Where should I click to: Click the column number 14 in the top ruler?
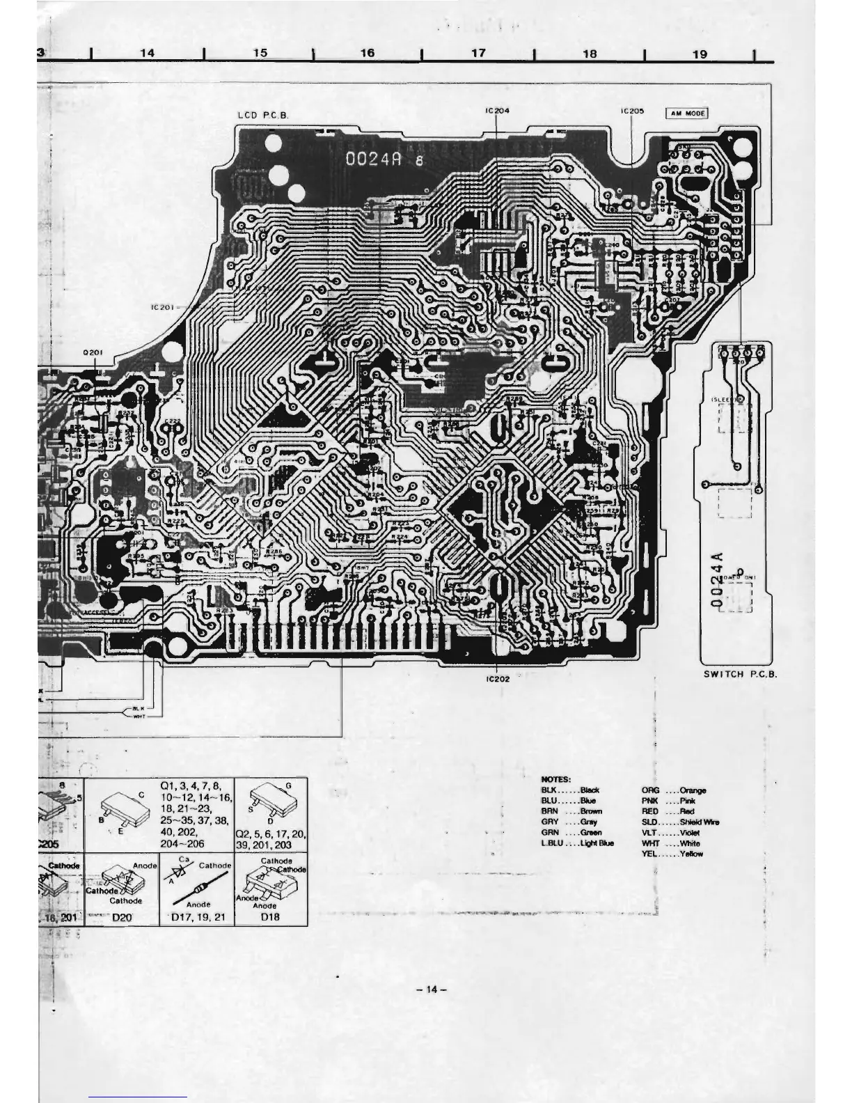pos(147,53)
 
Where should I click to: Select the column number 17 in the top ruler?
pos(478,53)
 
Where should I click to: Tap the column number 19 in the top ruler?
pos(700,54)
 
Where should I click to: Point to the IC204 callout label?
pos(496,111)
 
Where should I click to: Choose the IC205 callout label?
pos(632,111)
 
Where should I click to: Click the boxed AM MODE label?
pos(687,113)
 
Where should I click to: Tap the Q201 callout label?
pos(93,352)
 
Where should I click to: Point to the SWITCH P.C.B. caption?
pos(740,674)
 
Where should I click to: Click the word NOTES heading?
pos(555,779)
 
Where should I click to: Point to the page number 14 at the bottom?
pos(431,989)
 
